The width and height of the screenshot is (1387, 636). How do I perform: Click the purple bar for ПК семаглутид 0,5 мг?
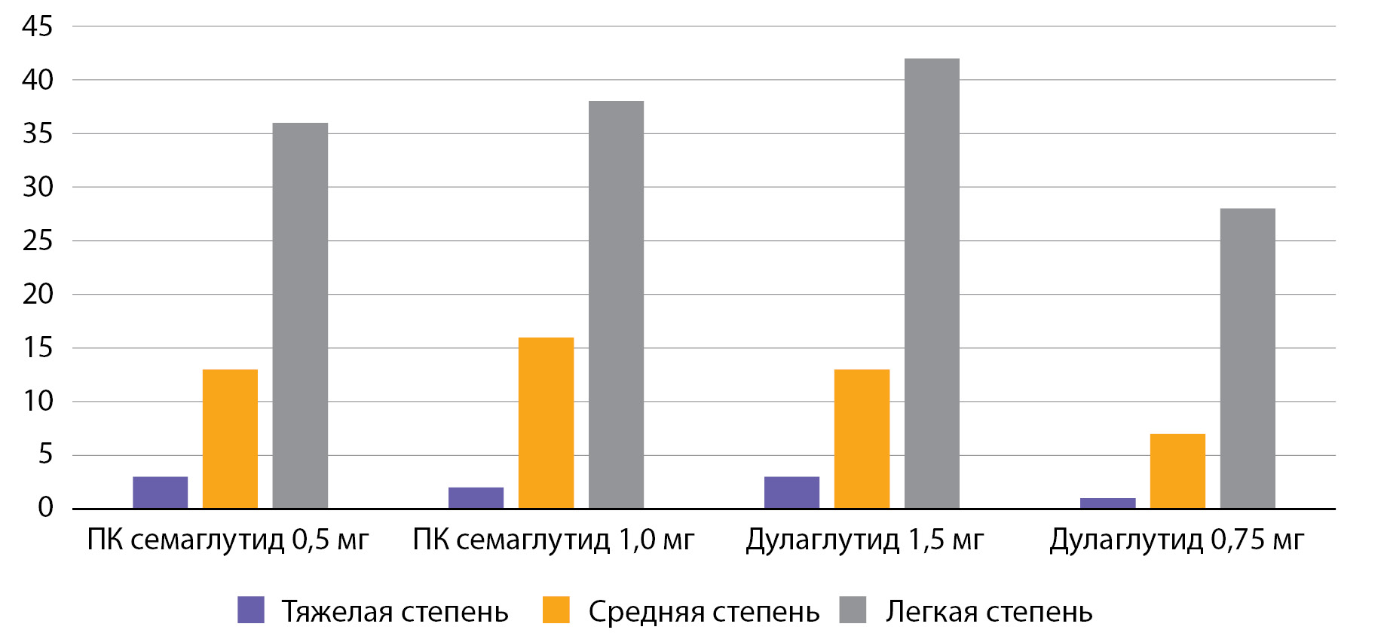click(x=160, y=493)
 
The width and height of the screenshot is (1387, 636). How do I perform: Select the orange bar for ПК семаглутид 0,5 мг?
click(x=230, y=439)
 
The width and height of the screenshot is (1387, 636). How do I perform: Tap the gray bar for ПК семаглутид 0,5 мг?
click(x=300, y=316)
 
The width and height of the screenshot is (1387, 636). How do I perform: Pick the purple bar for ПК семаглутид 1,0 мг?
click(x=476, y=498)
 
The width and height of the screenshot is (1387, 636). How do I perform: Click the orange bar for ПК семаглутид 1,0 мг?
click(x=546, y=423)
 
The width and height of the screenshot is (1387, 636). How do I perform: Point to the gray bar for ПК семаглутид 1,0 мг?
click(x=616, y=304)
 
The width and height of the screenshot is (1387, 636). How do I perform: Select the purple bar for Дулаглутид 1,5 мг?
click(x=791, y=493)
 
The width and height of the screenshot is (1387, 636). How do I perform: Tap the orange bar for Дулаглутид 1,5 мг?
click(x=862, y=439)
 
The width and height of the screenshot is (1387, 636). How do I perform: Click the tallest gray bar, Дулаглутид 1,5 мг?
click(x=932, y=283)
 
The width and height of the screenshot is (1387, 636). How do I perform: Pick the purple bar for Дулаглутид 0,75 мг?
click(x=1107, y=503)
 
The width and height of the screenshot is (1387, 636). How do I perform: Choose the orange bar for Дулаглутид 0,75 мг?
click(x=1177, y=471)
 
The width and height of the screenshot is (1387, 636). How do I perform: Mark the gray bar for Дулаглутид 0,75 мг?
click(x=1248, y=359)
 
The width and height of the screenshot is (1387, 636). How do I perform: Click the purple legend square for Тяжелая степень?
click(x=251, y=610)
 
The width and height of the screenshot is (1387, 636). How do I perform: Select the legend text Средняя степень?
click(x=703, y=612)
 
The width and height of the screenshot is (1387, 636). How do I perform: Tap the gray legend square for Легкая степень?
click(x=853, y=610)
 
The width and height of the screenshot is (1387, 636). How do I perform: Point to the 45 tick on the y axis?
click(x=38, y=27)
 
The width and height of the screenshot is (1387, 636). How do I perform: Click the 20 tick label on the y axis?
click(x=38, y=294)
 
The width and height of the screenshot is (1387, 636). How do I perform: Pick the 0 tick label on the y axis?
click(x=45, y=508)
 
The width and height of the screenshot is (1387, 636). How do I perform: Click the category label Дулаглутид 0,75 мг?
click(x=1176, y=540)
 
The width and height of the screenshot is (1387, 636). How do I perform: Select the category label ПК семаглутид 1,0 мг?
click(x=553, y=540)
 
